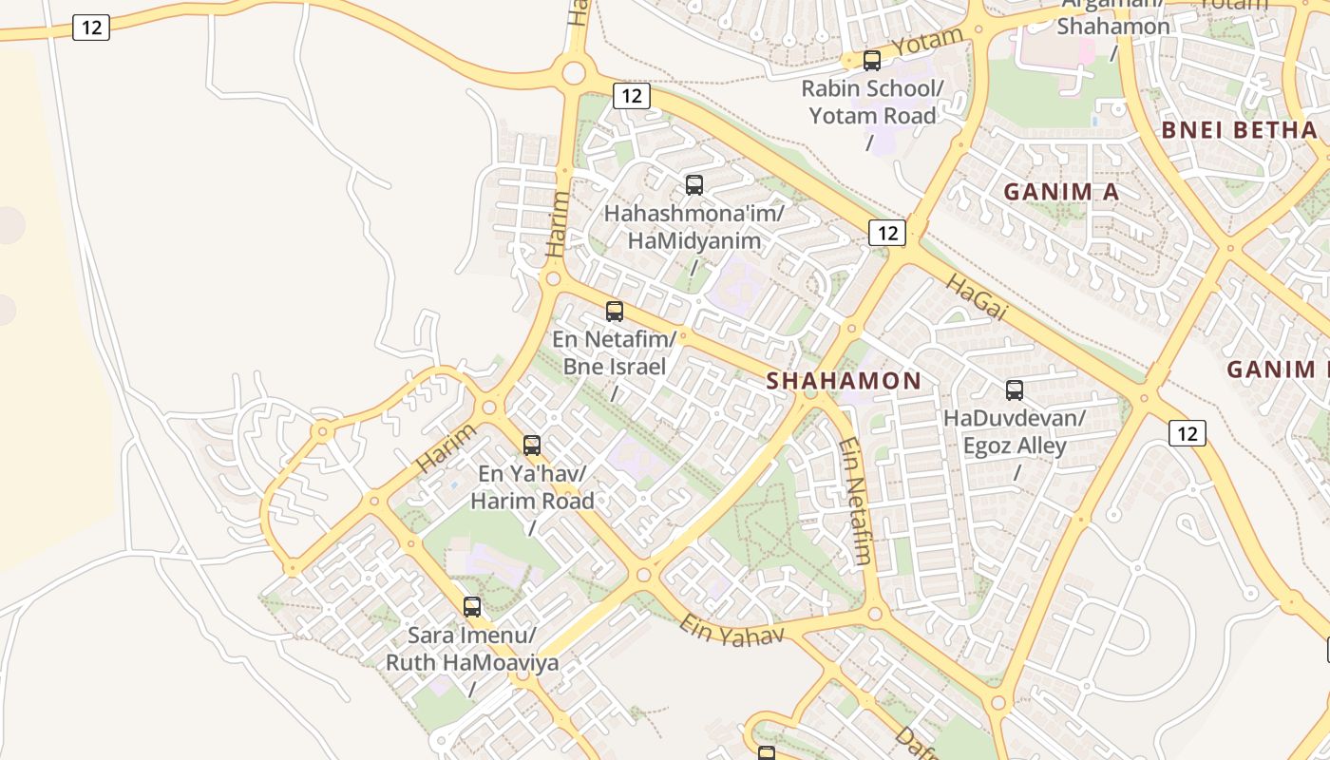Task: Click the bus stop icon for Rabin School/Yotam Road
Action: coord(871,61)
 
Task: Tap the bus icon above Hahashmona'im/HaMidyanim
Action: coord(694,185)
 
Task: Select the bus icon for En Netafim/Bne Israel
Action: coord(615,312)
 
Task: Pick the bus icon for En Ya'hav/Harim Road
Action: coord(532,446)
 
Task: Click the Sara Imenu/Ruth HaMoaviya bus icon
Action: coord(472,607)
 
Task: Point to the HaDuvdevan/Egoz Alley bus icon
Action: coord(1015,390)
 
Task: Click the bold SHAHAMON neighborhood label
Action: coord(844,381)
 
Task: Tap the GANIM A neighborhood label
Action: coord(1061,192)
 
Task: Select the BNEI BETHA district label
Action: coord(1240,130)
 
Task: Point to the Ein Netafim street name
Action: coord(856,502)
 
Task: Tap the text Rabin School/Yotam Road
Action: coord(872,103)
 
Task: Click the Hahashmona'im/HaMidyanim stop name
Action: coord(694,227)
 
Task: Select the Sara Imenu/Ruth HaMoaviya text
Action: coord(472,649)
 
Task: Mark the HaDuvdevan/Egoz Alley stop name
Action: coord(1015,431)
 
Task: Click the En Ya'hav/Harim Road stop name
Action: coord(532,486)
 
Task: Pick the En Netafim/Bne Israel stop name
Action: coord(615,352)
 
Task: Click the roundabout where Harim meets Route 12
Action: coord(573,72)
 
